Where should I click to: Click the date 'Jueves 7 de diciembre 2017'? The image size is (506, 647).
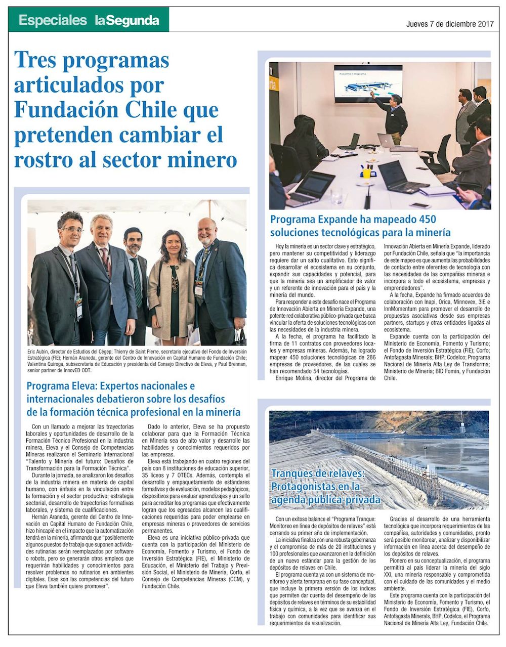point(450,24)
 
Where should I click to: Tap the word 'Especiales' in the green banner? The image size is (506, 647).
point(53,21)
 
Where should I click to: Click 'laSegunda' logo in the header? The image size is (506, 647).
point(126,21)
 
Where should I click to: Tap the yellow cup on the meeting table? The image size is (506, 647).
point(366,172)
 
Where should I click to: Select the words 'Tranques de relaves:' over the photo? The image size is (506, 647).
point(317,474)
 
